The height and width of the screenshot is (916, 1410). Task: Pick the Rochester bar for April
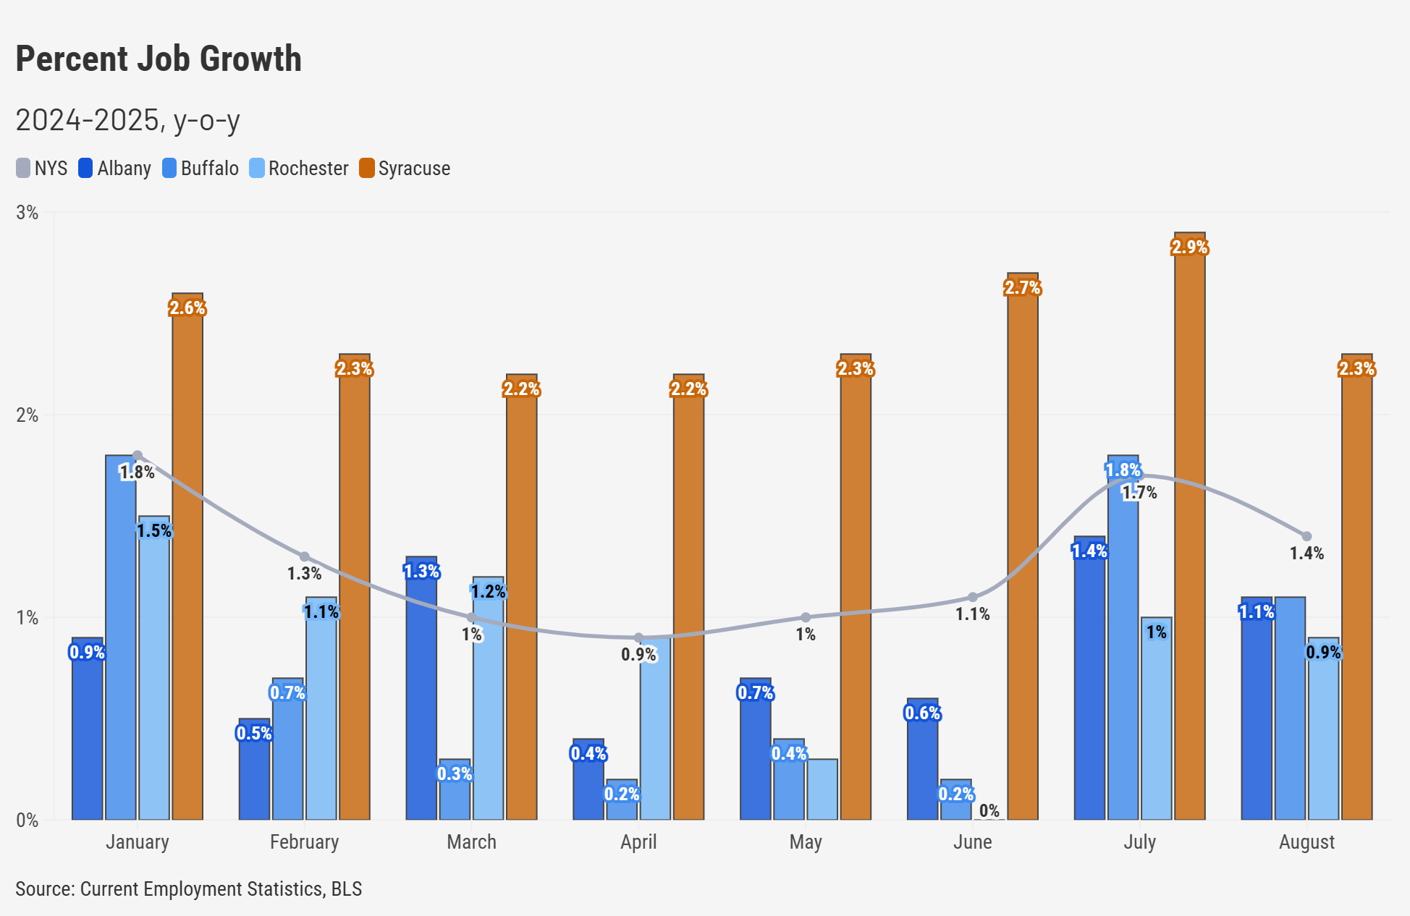tap(655, 731)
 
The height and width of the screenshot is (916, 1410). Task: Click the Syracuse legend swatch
tap(367, 168)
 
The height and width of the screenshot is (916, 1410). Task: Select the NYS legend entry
tap(42, 168)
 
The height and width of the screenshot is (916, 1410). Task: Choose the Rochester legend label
tap(308, 168)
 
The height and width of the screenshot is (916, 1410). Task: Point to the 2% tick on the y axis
tap(28, 415)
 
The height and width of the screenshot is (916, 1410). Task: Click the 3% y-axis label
tap(28, 213)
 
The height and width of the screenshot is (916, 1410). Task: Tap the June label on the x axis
tap(972, 842)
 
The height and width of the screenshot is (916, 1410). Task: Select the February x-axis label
tap(304, 842)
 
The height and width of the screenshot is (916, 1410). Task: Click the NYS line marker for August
tap(1306, 536)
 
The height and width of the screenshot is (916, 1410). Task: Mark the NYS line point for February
tap(304, 556)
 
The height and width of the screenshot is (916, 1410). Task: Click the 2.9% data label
tap(1189, 247)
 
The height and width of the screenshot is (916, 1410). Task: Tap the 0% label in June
tap(989, 810)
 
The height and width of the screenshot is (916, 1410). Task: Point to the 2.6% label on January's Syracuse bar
tap(187, 308)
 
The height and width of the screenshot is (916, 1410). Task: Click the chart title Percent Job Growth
tap(159, 59)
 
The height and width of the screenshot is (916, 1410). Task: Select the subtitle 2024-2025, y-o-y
tap(127, 120)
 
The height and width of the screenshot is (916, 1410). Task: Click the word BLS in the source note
tap(346, 889)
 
